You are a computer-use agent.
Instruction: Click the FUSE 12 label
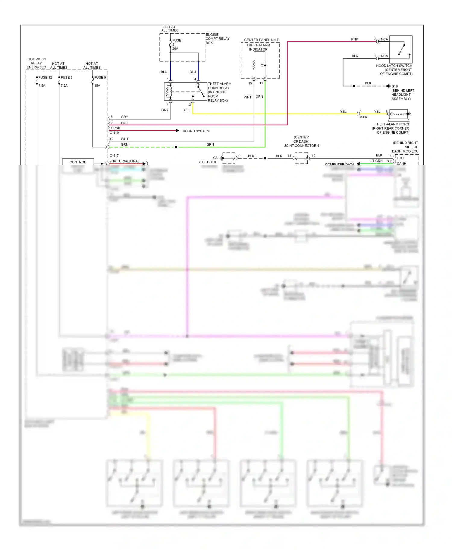(x=45, y=77)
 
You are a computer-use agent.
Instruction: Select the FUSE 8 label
(x=67, y=77)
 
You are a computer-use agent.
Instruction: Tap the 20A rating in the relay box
(x=175, y=48)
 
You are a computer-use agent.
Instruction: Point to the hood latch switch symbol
(x=401, y=49)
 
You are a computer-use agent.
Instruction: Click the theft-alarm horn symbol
(x=399, y=114)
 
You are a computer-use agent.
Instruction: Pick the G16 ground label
(x=394, y=86)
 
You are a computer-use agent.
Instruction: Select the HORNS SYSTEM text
(x=196, y=131)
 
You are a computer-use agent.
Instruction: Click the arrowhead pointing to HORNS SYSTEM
(x=177, y=131)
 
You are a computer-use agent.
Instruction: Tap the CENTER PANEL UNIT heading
(x=261, y=40)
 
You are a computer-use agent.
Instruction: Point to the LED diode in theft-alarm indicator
(x=264, y=65)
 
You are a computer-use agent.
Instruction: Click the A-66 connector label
(x=363, y=117)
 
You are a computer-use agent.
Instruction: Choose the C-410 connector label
(x=114, y=133)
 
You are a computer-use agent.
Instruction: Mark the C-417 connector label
(x=114, y=156)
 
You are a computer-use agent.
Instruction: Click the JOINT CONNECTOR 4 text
(x=301, y=146)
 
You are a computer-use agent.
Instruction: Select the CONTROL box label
(x=78, y=162)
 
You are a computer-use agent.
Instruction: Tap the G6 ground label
(x=215, y=158)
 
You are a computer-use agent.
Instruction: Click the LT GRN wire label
(x=376, y=161)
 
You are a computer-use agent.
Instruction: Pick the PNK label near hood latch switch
(x=354, y=39)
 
